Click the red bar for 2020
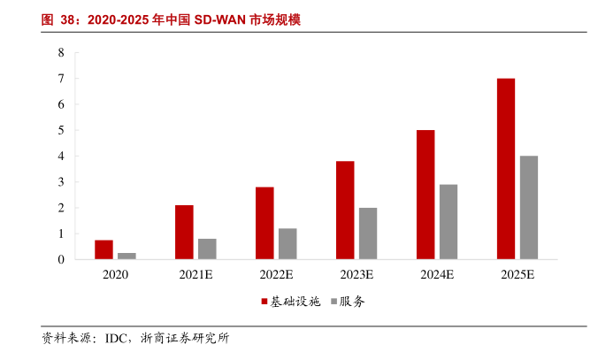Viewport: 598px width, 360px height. tap(103, 250)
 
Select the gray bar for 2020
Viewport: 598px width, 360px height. tap(127, 257)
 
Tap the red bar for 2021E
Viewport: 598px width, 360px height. tap(184, 233)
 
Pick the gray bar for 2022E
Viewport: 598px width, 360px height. tap(288, 244)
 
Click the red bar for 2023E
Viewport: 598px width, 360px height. tap(345, 211)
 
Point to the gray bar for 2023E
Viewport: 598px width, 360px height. tap(368, 234)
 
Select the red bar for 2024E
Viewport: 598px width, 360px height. tap(425, 195)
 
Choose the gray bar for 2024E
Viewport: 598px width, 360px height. tap(448, 222)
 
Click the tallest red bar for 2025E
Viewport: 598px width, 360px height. tap(506, 169)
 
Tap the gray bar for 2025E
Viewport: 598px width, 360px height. tap(529, 208)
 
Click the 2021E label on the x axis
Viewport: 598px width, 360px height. tap(195, 275)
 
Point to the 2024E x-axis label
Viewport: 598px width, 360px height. tap(437, 275)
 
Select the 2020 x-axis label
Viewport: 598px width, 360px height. tap(115, 275)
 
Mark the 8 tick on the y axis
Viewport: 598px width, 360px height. tap(61, 53)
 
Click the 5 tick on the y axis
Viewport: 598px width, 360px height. tap(61, 131)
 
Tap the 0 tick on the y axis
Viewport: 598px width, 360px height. tap(61, 260)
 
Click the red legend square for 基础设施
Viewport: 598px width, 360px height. tap(264, 302)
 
